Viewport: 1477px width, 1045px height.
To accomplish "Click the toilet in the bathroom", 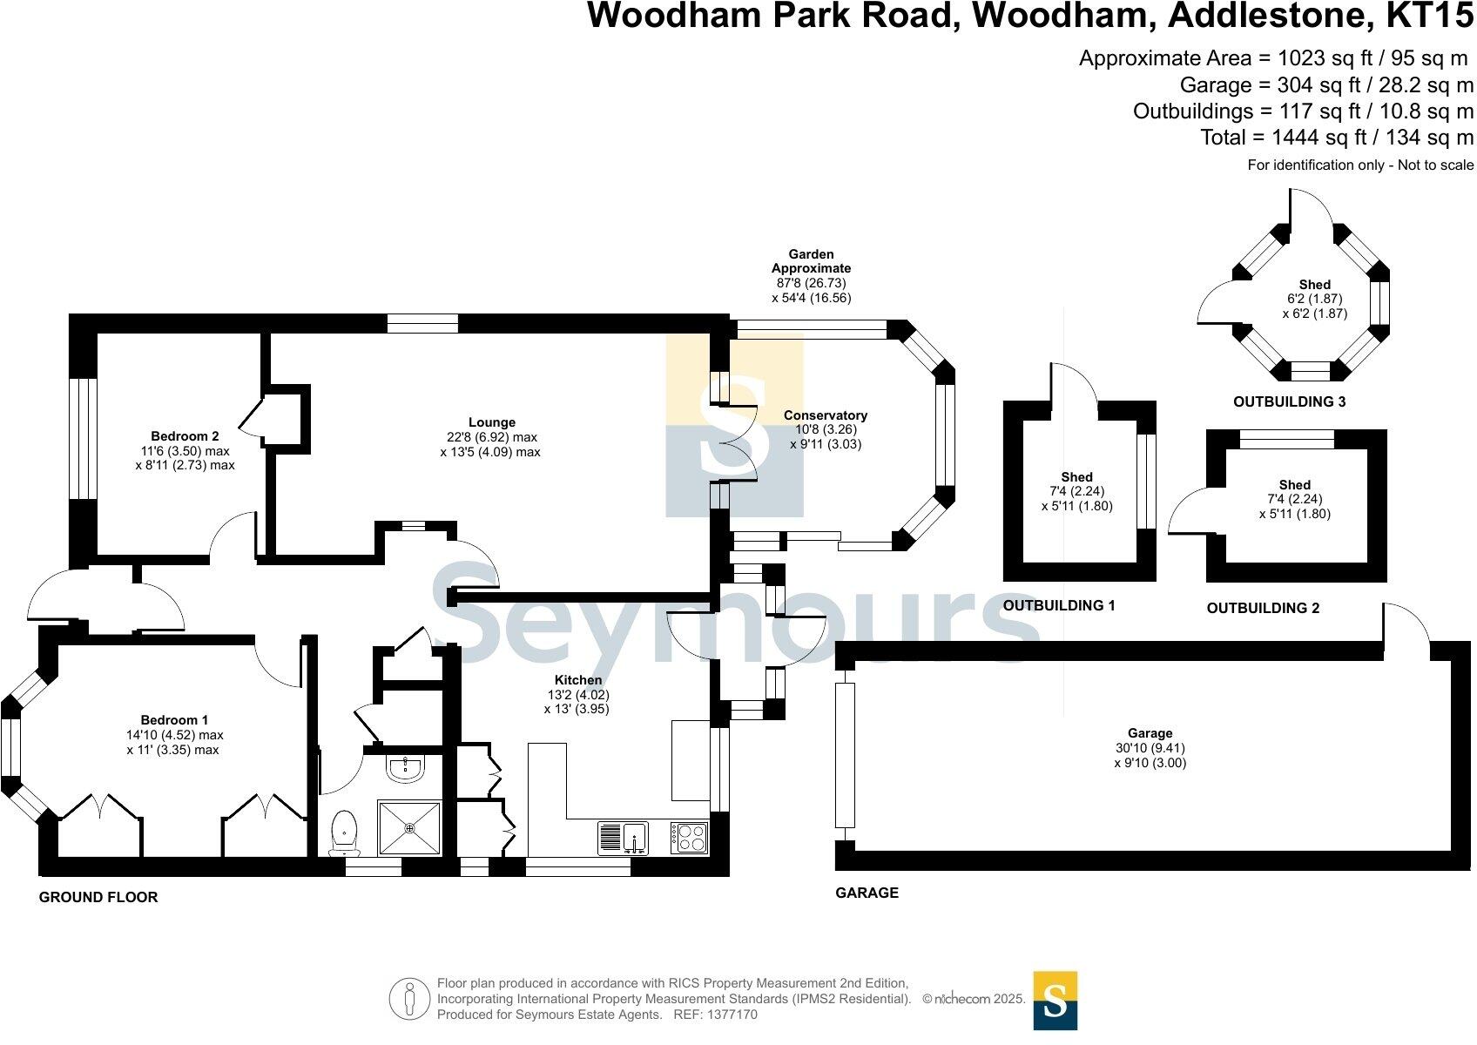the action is (346, 832).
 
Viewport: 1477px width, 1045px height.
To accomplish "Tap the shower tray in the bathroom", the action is (409, 827).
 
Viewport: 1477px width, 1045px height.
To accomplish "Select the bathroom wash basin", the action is (406, 767).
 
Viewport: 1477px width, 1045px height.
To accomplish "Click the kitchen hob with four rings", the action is (689, 838).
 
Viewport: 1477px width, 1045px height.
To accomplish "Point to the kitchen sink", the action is (622, 838).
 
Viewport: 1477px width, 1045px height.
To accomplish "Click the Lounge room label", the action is (491, 422).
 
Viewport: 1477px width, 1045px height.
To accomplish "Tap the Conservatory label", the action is (825, 415).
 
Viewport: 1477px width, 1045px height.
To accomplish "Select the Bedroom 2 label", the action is (185, 436).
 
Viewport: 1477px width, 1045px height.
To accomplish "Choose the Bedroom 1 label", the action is (174, 720).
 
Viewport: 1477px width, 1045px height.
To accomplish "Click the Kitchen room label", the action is (578, 680).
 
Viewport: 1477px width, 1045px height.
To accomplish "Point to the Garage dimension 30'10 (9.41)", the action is (1150, 748).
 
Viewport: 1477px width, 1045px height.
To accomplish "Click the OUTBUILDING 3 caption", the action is (1289, 402).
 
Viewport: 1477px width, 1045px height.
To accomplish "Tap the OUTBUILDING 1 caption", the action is (1059, 605).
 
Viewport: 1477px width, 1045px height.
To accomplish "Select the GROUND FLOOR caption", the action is (98, 897).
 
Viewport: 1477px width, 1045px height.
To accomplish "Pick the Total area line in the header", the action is (1336, 138).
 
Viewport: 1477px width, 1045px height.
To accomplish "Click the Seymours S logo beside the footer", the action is (1055, 1001).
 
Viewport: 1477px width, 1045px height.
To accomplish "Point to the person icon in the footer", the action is (409, 1000).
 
